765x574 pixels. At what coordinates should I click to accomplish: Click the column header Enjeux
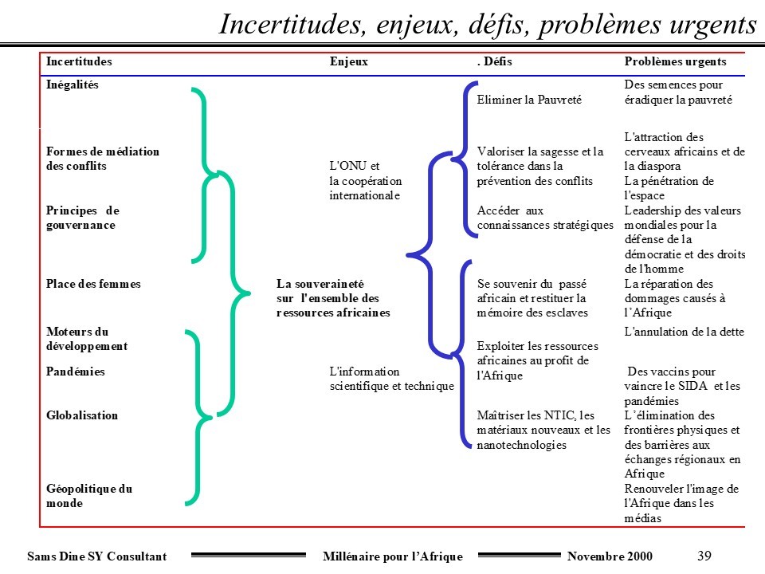(349, 61)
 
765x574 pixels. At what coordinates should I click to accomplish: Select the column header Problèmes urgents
(674, 61)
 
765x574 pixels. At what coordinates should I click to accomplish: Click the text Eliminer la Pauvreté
(529, 100)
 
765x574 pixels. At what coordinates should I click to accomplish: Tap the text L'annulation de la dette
(685, 331)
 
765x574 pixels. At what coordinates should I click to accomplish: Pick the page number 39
(704, 556)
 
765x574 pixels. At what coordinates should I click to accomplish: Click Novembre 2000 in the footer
(610, 556)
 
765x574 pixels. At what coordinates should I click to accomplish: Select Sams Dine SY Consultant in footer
(97, 556)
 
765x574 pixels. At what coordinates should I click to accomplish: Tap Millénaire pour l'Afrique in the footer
(394, 556)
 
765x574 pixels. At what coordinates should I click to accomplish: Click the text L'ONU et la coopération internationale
(365, 181)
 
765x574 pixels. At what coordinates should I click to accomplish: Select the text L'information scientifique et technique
(391, 379)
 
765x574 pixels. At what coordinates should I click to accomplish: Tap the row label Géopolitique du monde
(89, 496)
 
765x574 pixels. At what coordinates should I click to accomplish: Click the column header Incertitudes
(79, 61)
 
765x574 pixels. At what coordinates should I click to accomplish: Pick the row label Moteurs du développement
(87, 339)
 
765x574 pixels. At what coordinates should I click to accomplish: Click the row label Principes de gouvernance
(82, 218)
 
